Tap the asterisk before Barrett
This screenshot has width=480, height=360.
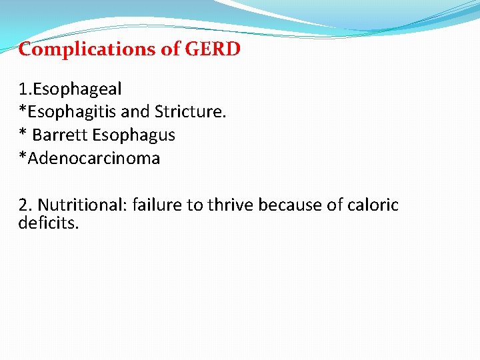click(23, 133)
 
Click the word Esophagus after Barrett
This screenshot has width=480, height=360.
click(133, 135)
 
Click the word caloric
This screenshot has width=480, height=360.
click(373, 205)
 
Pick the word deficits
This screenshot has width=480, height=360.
click(49, 222)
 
